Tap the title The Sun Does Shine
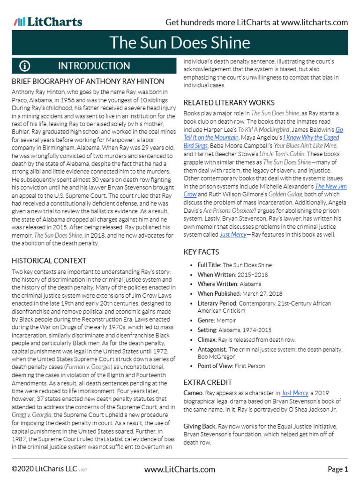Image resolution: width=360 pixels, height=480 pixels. click(180, 43)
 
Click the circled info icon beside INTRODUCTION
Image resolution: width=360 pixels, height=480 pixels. click(25, 66)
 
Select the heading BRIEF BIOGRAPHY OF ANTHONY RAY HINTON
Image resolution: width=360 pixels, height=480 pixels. click(88, 82)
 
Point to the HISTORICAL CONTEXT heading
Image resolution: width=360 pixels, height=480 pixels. click(49, 260)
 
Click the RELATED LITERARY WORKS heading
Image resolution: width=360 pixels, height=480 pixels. click(229, 103)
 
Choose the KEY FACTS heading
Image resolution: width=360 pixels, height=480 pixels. click(201, 252)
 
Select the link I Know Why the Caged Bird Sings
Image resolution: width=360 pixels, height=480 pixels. click(311, 137)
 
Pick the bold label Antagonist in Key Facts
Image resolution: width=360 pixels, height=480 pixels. click(212, 349)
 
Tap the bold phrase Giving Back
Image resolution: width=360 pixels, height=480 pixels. click(200, 426)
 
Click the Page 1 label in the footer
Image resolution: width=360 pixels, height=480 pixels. click(337, 469)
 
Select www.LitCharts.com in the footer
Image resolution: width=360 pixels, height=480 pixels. click(180, 469)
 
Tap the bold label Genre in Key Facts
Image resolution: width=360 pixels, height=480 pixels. click(205, 321)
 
